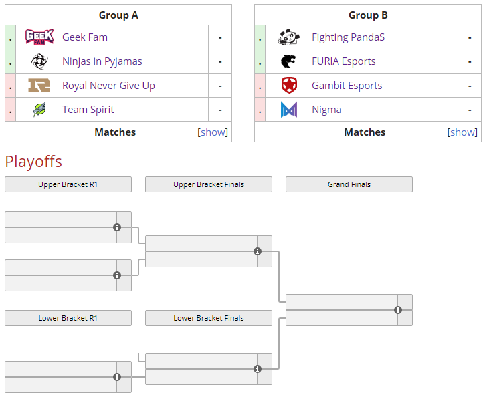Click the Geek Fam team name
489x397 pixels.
(84, 37)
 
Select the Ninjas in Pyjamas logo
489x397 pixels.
(39, 61)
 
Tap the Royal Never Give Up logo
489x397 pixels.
(39, 86)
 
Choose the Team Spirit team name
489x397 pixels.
(88, 110)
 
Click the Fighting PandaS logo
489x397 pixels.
(288, 37)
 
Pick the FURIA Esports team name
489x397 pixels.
(343, 61)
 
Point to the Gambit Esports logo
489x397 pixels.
(288, 86)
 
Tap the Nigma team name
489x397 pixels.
(326, 110)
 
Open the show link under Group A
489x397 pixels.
(213, 132)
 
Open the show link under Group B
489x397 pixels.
(463, 132)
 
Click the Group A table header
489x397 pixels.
(118, 15)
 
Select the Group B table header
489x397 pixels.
(368, 15)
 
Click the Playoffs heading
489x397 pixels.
(33, 161)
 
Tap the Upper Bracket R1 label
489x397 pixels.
(68, 184)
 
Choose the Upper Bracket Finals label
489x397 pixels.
(209, 184)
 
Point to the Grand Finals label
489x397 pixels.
(349, 184)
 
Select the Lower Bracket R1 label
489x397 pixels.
(68, 318)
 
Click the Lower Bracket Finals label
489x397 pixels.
(209, 318)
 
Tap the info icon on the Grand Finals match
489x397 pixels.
(398, 310)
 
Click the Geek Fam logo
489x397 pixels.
(39, 37)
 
